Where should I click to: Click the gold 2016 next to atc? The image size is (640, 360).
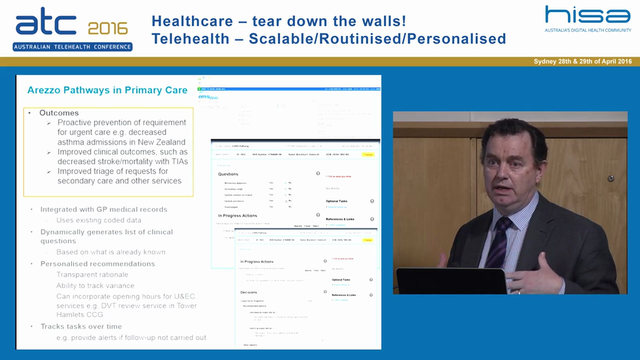pos(107,28)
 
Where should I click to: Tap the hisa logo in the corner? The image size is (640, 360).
pos(587,15)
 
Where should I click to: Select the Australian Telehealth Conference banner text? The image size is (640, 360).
pos(72,47)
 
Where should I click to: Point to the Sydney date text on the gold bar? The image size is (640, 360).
pos(582,61)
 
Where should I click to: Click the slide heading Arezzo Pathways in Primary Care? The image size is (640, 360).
pos(107,90)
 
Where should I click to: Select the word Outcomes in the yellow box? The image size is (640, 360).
pos(59,113)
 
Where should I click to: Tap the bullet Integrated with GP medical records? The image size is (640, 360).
pos(103,209)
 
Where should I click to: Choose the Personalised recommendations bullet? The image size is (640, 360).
pos(97,263)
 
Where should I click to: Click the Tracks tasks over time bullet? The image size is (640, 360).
pos(81,326)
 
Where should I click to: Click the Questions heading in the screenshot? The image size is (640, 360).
pos(228,174)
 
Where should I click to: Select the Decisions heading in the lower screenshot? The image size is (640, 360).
pos(248,292)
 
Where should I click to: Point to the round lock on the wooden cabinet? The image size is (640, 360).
pos(610,178)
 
